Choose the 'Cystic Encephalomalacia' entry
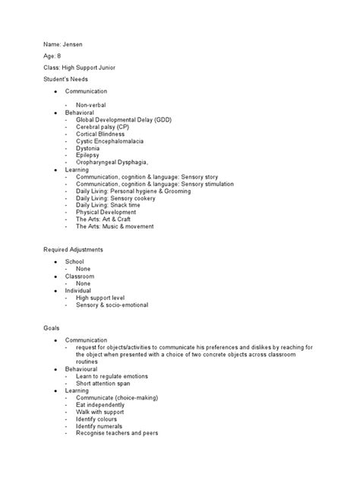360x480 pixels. [x=109, y=142]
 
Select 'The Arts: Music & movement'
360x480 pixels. [x=115, y=226]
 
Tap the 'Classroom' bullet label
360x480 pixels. [x=79, y=276]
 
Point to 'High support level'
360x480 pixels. [x=102, y=298]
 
